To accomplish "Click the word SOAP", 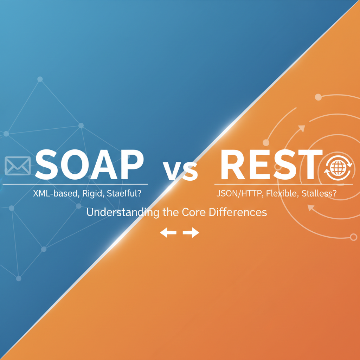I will [x=89, y=165].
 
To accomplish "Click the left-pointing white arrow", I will [x=168, y=232].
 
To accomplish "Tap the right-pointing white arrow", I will [x=191, y=232].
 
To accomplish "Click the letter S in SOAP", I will [x=47, y=165].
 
